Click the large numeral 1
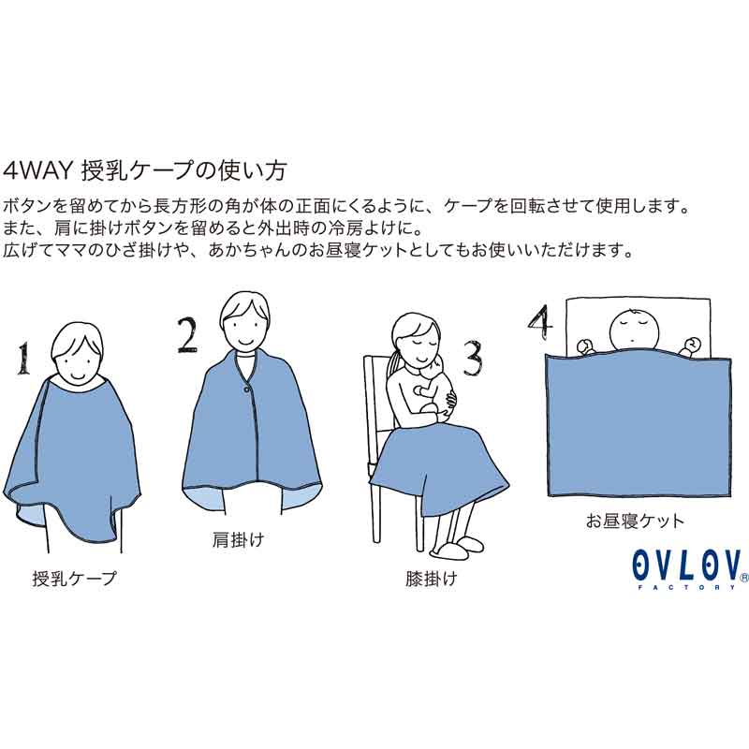(x=22, y=359)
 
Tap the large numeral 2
(x=187, y=335)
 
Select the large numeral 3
(x=473, y=358)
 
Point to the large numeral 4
(x=541, y=322)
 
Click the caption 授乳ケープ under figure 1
(x=75, y=579)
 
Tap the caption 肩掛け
(x=238, y=540)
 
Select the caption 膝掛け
(x=432, y=579)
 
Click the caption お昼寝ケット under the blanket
(x=635, y=521)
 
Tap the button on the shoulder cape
(x=246, y=390)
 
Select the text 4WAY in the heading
(x=37, y=170)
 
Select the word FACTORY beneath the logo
(x=687, y=587)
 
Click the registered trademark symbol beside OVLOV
(x=743, y=578)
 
